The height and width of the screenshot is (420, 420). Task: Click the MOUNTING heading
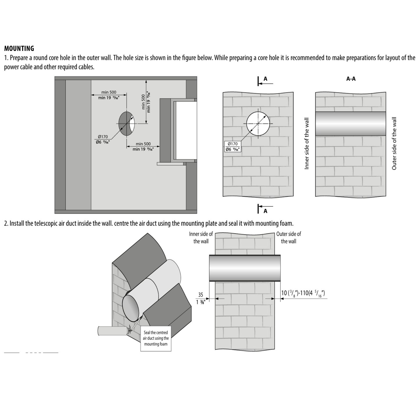pos(19,49)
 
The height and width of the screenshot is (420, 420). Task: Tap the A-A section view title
pos(351,79)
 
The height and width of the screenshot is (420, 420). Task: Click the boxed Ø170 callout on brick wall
pos(233,146)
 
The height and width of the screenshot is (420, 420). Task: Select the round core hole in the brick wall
pos(258,123)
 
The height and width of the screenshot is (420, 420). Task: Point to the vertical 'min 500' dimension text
pos(146,102)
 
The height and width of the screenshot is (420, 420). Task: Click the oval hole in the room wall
pos(127,123)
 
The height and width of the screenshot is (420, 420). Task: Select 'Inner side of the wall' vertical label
pos(306,144)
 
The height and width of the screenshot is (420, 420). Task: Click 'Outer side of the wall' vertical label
pos(394,144)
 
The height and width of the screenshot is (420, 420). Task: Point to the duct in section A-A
pos(351,124)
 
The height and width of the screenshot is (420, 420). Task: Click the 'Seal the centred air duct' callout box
pos(156,338)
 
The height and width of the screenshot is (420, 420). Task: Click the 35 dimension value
pos(201,295)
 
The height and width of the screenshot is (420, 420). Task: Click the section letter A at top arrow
pos(265,79)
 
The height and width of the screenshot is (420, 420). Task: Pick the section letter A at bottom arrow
pos(265,211)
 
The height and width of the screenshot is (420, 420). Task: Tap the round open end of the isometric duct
pos(132,308)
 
